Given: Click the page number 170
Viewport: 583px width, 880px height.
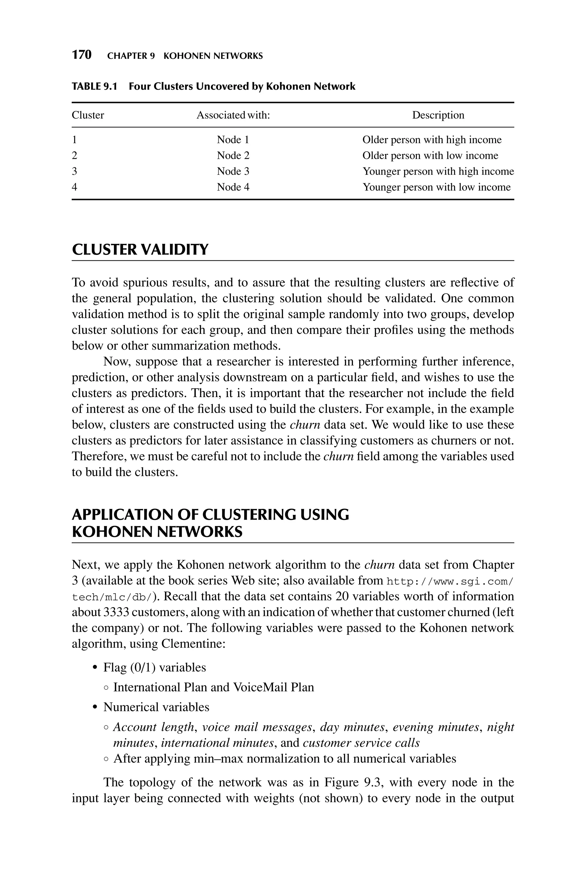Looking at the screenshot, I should [81, 55].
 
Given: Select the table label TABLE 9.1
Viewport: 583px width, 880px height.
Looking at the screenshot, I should [94, 87].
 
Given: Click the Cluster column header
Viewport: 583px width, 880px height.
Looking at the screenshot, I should [88, 115].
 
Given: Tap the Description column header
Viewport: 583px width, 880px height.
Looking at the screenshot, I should [438, 115].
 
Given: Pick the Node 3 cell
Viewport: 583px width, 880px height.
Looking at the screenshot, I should [233, 171].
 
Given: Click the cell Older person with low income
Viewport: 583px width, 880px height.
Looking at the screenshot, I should [430, 155].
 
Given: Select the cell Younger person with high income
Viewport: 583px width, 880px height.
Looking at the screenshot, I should [438, 171].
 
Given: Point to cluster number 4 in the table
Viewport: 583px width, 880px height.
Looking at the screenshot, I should [74, 187].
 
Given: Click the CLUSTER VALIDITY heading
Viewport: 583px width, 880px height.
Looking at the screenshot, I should [140, 249].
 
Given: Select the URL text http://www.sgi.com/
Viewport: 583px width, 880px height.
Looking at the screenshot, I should [450, 581].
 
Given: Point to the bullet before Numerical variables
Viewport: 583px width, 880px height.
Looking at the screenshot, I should [95, 707].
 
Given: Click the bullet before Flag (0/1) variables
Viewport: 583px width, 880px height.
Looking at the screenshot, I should [95, 668].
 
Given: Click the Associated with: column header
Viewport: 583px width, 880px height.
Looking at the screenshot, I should [233, 115].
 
